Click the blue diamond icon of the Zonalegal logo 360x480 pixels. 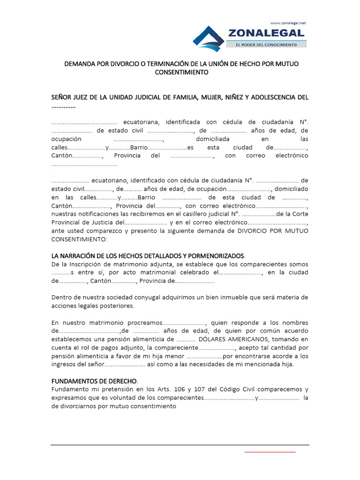pyautogui.click(x=209, y=38)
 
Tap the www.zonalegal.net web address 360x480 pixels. pyautogui.click(x=288, y=22)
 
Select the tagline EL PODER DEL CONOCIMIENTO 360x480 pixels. pyautogui.click(x=267, y=45)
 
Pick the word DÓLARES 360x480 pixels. pyautogui.click(x=212, y=339)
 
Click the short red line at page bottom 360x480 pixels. pyautogui.click(x=270, y=451)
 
